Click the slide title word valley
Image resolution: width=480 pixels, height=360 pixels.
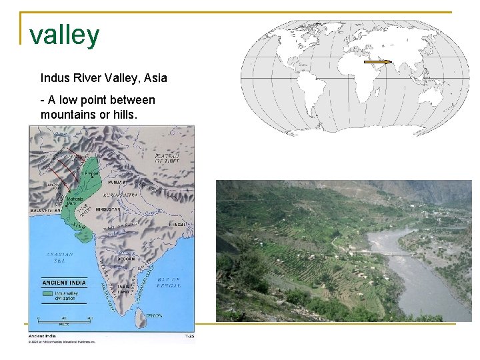tap(65, 35)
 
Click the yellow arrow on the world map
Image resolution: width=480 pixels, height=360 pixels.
tap(380, 61)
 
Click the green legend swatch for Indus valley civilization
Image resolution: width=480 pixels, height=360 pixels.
tap(47, 293)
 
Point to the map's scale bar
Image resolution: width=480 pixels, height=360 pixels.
tap(64, 323)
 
